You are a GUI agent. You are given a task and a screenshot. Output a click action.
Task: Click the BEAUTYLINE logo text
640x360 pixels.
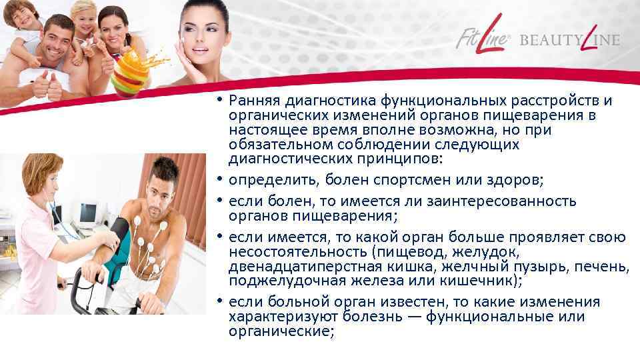[569, 39]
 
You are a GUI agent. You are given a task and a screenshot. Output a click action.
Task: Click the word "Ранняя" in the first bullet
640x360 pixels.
[253, 101]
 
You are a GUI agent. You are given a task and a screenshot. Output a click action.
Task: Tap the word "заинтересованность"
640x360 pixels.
[494, 201]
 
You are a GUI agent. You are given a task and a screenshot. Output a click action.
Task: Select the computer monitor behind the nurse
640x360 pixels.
[88, 214]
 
